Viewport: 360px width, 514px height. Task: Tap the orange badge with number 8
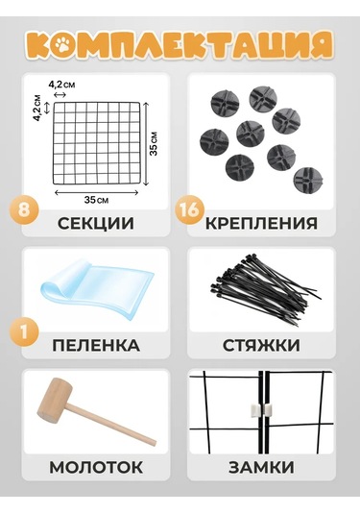[x=24, y=209]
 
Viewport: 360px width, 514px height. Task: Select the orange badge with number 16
[x=190, y=209]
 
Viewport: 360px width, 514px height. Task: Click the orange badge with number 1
[x=24, y=332]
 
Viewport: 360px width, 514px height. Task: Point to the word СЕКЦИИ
[x=96, y=224]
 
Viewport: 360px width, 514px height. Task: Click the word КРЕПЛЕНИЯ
[x=261, y=224]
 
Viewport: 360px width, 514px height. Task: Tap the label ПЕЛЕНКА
[x=96, y=346]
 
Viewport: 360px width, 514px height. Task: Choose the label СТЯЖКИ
[x=261, y=346]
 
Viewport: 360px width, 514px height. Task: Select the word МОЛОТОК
[x=96, y=467]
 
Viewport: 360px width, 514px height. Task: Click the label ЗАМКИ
[x=261, y=467]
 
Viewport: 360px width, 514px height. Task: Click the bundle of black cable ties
[x=264, y=289]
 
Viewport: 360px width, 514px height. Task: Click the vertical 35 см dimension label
[x=154, y=143]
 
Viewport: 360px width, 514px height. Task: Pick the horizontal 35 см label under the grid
[x=96, y=200]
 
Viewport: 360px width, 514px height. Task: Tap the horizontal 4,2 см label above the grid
[x=61, y=85]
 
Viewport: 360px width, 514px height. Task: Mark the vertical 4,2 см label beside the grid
[x=37, y=108]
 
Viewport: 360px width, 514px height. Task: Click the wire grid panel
[x=97, y=143]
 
